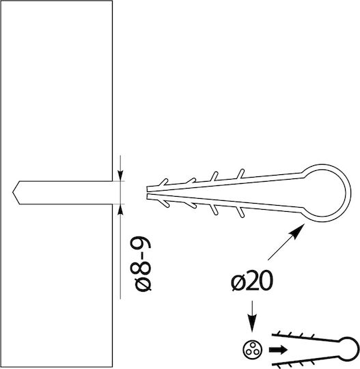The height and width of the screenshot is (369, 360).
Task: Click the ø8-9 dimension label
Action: pyautogui.click(x=141, y=264)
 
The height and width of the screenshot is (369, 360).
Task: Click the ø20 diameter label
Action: pyautogui.click(x=252, y=281)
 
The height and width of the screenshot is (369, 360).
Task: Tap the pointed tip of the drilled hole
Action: pyautogui.click(x=13, y=193)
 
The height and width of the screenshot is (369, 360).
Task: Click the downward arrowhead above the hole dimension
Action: pyautogui.click(x=120, y=176)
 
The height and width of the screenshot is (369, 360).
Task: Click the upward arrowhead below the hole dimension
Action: pyautogui.click(x=120, y=209)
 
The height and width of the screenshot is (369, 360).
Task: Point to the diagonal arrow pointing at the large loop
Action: pyautogui.click(x=286, y=242)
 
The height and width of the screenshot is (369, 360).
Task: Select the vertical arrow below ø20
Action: pyautogui.click(x=252, y=316)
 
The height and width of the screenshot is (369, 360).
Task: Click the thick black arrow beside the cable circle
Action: pyautogui.click(x=278, y=350)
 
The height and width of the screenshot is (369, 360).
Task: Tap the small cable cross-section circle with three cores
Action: pyautogui.click(x=252, y=350)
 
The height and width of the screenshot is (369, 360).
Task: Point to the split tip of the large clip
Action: pyautogui.click(x=148, y=193)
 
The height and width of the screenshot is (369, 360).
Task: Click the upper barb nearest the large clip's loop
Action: pyautogui.click(x=240, y=174)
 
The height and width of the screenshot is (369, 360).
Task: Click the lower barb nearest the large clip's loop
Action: pyautogui.click(x=240, y=212)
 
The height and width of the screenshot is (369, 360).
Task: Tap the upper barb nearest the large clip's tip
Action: pyautogui.click(x=163, y=182)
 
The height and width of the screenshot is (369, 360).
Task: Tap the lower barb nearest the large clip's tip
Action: pyautogui.click(x=165, y=204)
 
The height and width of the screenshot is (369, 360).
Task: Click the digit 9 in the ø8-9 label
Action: pyautogui.click(x=141, y=245)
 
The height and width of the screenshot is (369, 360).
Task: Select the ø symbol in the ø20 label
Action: pyautogui.click(x=238, y=282)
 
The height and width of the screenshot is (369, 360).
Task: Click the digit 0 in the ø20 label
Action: pyautogui.click(x=266, y=281)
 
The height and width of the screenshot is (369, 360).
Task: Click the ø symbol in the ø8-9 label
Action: pyautogui.click(x=143, y=284)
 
